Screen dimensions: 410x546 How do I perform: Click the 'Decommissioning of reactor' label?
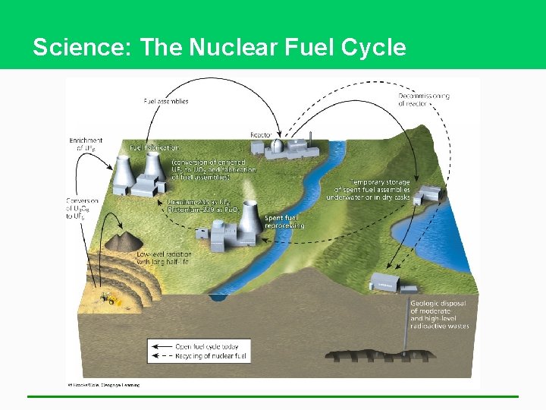(x=424, y=99)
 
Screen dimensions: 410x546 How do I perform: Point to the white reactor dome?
(x=278, y=146)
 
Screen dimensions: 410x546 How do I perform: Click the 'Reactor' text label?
(x=262, y=134)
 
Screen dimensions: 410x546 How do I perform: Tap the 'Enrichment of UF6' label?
(x=85, y=144)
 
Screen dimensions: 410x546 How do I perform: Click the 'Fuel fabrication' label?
(x=155, y=147)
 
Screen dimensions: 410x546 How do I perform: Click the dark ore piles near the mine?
(x=120, y=242)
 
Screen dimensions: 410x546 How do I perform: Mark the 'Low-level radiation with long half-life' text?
(x=164, y=258)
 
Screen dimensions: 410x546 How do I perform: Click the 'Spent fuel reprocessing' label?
(x=284, y=222)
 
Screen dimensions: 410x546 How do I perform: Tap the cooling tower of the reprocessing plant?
(x=247, y=219)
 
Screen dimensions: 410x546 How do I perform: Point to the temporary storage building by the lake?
(x=429, y=194)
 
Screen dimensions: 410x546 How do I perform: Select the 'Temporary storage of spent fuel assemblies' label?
(x=369, y=190)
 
